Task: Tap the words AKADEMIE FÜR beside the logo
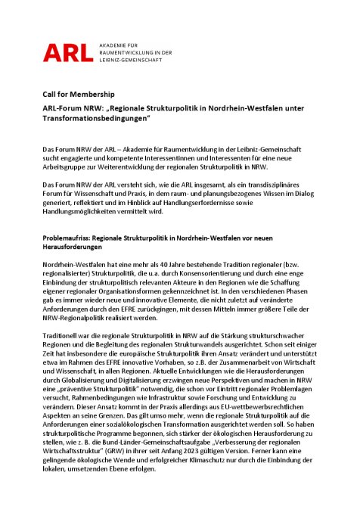coord(121,45)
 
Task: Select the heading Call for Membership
coord(79,94)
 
